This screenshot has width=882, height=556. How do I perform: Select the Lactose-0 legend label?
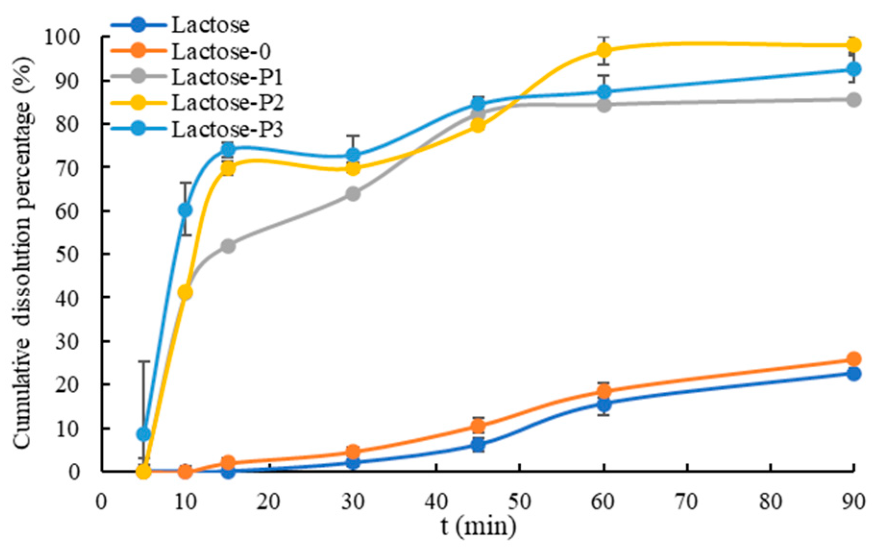pyautogui.click(x=221, y=51)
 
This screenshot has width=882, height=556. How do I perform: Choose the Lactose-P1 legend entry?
pyautogui.click(x=227, y=77)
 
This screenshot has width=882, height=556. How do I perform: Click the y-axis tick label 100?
pyautogui.click(x=69, y=37)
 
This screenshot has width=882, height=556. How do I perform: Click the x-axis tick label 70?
pyautogui.click(x=686, y=502)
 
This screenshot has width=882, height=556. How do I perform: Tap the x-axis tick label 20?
pyautogui.click(x=268, y=502)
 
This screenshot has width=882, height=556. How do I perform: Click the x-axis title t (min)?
pyautogui.click(x=478, y=526)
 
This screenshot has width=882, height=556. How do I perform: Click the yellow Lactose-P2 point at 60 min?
pyautogui.click(x=604, y=50)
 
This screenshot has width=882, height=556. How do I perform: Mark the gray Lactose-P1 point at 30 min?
pyautogui.click(x=353, y=194)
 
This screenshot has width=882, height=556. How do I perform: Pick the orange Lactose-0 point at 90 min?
pyautogui.click(x=854, y=359)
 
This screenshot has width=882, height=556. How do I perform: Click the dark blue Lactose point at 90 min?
pyautogui.click(x=854, y=374)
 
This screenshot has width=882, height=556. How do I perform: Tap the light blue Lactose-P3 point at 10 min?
pyautogui.click(x=185, y=210)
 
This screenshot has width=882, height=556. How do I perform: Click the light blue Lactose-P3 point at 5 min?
pyautogui.click(x=144, y=434)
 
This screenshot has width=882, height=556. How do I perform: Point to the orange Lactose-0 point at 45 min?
pyautogui.click(x=478, y=425)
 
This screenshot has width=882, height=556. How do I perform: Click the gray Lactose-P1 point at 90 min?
pyautogui.click(x=854, y=100)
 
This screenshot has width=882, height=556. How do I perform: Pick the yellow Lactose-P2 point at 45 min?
pyautogui.click(x=478, y=126)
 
